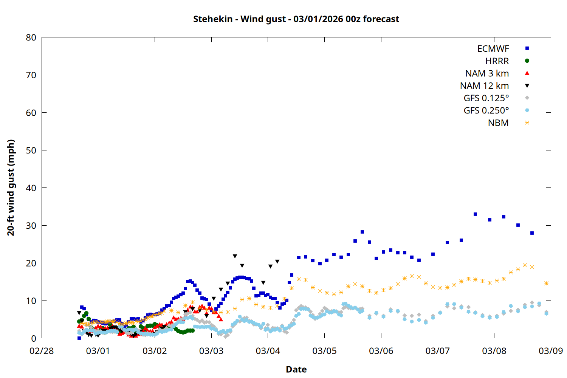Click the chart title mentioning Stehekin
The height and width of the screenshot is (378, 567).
(x=296, y=19)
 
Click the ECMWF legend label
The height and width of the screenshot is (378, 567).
(x=493, y=49)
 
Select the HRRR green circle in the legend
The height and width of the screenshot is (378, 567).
(x=527, y=61)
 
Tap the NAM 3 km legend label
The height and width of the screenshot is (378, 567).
(x=487, y=73)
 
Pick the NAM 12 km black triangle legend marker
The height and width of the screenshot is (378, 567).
(x=527, y=86)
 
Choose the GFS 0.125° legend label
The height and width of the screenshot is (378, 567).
(x=486, y=98)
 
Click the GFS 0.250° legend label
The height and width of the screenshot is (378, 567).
(x=486, y=110)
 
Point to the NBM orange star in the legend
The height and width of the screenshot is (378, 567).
(x=527, y=123)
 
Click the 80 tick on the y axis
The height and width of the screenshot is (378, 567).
(x=31, y=37)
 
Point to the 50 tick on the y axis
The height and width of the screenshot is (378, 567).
(x=31, y=150)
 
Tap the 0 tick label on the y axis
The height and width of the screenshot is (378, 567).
(x=34, y=338)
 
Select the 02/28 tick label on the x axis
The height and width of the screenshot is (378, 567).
(x=42, y=351)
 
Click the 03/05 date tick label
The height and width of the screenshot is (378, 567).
(x=324, y=351)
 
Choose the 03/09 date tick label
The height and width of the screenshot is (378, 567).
(x=550, y=351)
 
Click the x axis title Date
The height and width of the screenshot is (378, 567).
(x=296, y=369)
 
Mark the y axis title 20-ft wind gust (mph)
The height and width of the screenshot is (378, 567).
(x=11, y=187)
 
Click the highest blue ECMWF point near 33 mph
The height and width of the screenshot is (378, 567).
(x=475, y=214)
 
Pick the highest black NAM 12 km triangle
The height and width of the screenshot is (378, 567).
(x=235, y=256)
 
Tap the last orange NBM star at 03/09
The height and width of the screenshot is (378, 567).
(x=546, y=283)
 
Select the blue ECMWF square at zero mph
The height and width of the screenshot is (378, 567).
(x=79, y=338)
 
